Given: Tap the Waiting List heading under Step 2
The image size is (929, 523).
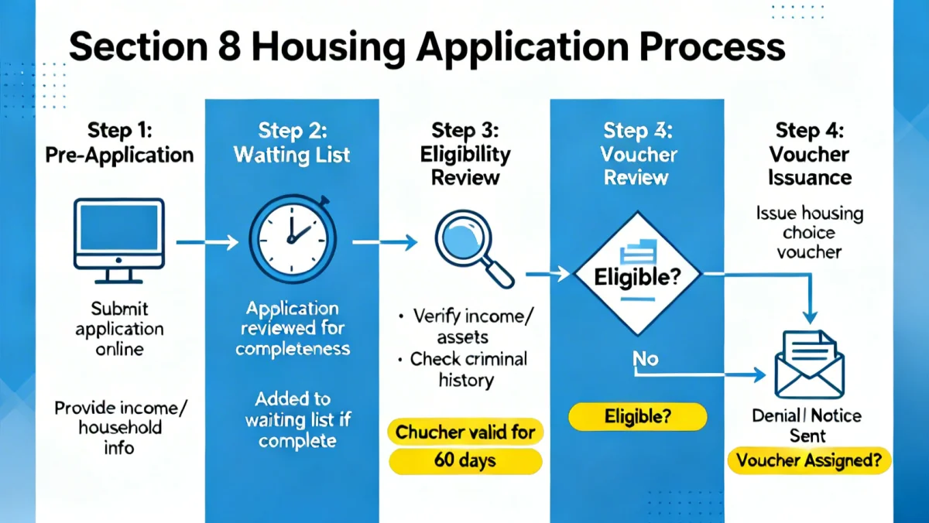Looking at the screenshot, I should click(292, 154).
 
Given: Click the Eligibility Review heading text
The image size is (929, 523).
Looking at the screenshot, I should click(465, 166).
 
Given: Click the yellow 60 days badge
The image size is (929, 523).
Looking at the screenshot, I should click(465, 461).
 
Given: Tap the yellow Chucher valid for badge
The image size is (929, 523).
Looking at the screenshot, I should click(465, 432).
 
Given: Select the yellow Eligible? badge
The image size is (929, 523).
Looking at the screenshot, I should click(637, 417).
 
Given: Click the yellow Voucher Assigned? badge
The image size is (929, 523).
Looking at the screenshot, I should click(809, 460).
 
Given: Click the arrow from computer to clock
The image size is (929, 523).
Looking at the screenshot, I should click(207, 243).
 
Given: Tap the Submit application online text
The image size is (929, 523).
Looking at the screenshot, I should click(119, 328).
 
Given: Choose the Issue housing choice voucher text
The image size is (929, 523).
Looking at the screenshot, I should click(809, 232).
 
